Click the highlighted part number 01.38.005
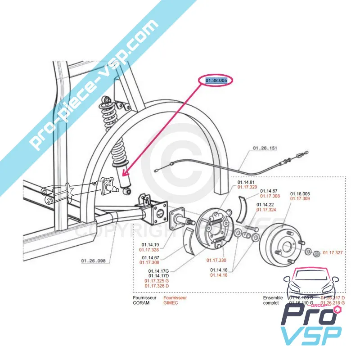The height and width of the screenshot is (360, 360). pos(216,81)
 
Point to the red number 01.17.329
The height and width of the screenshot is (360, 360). pos(247,187)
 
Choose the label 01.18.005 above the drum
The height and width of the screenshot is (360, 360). pos(300,193)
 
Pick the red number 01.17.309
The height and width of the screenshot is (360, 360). pos(300,198)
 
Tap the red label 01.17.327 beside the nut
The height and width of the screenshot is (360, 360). pos(333,253)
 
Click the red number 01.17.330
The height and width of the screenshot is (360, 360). pos(216,260)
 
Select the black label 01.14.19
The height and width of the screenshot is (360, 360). pos(149,245)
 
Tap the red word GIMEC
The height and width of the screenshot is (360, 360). pos(171,303)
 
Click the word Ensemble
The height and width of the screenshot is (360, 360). pos(273,297)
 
